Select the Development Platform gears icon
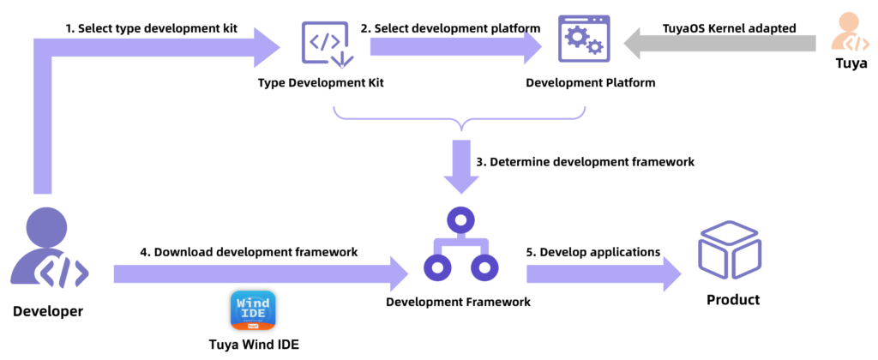click(584, 41)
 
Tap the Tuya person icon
click(851, 33)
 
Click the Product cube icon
click(731, 249)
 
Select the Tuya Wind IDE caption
click(254, 345)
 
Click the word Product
click(732, 300)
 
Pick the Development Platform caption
click(590, 83)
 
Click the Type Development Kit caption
click(321, 83)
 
